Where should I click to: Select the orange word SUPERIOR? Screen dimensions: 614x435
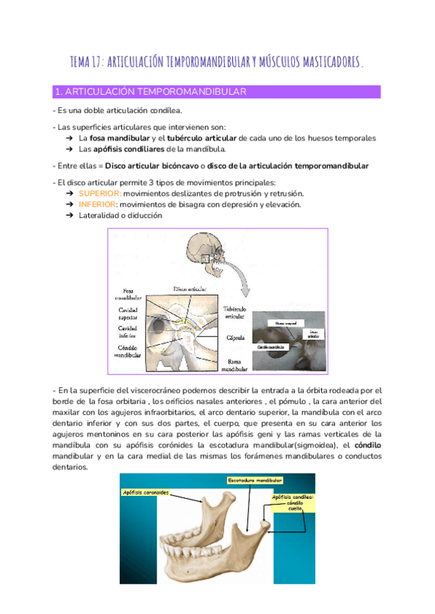(x=99, y=193)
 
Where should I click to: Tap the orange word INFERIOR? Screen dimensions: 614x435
(x=98, y=204)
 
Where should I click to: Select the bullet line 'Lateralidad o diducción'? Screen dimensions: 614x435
(x=121, y=215)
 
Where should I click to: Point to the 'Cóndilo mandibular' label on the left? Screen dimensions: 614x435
(x=128, y=352)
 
